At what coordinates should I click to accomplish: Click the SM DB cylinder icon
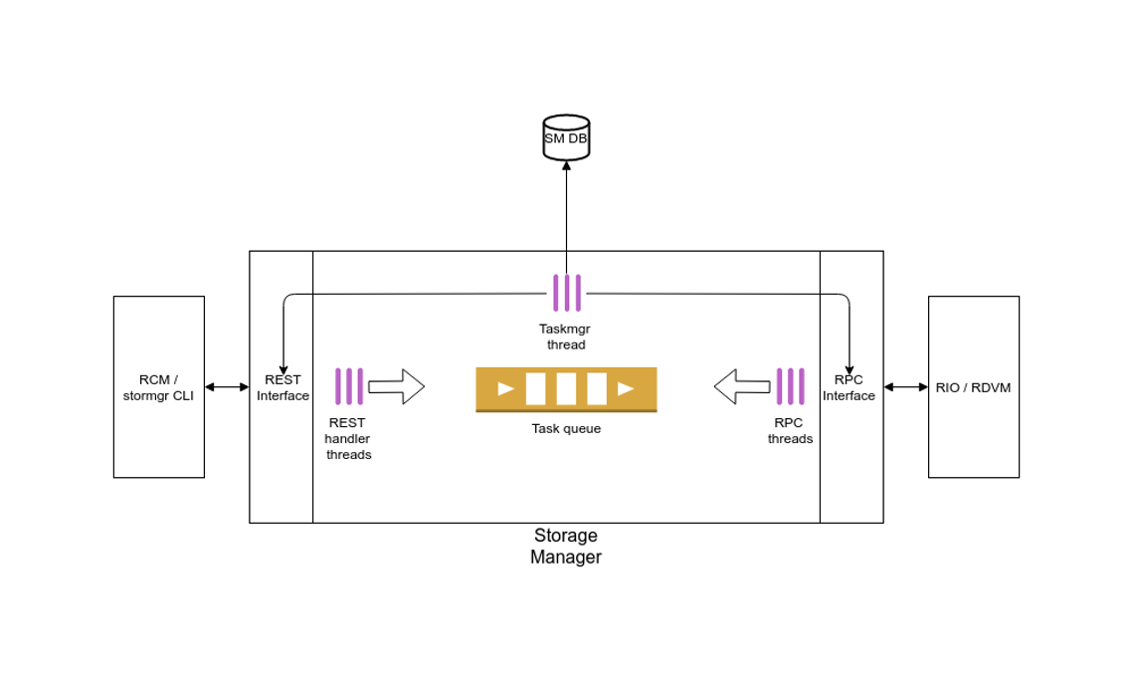[x=566, y=138]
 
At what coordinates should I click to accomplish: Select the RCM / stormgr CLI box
[x=159, y=386]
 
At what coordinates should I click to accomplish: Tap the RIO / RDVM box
[x=973, y=387]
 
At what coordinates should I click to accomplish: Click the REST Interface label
[x=283, y=387]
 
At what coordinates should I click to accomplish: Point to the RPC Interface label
[x=849, y=387]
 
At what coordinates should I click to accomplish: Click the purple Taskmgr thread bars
[x=567, y=293]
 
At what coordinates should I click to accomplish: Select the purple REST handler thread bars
[x=349, y=386]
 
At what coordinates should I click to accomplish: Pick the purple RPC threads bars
[x=790, y=386]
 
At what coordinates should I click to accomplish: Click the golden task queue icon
[x=566, y=389]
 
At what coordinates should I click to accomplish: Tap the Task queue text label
[x=566, y=429]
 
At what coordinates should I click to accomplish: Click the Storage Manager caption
[x=566, y=547]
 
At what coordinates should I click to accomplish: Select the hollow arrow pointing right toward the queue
[x=396, y=386]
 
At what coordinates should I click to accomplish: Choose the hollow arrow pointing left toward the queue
[x=741, y=386]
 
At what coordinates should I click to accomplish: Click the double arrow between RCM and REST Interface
[x=227, y=386]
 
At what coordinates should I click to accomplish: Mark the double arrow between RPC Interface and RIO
[x=905, y=386]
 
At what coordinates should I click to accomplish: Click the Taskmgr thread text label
[x=566, y=337]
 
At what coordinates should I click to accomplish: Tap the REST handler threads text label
[x=348, y=438]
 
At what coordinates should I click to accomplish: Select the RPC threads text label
[x=790, y=430]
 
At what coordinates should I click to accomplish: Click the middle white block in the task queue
[x=566, y=388]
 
